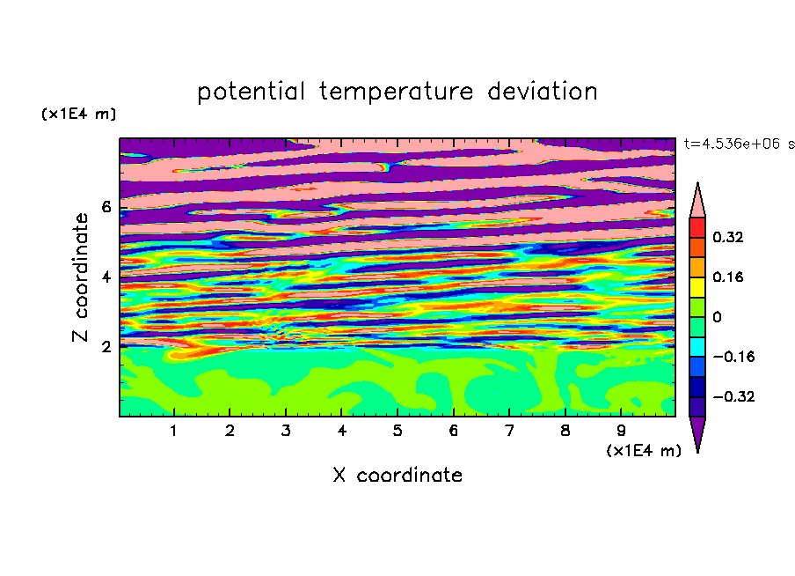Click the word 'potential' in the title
251,92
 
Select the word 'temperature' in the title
396,92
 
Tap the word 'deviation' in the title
543,91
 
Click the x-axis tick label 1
174,431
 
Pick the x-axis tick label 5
397,431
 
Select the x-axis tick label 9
621,431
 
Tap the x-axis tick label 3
286,431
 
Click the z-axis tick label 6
106,207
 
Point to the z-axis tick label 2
106,346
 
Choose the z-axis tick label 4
106,277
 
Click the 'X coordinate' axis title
397,476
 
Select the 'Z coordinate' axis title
80,277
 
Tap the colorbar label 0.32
728,237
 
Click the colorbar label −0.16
733,357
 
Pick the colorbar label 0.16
728,277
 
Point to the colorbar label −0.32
733,396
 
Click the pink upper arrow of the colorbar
697,203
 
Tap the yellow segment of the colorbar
697,287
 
